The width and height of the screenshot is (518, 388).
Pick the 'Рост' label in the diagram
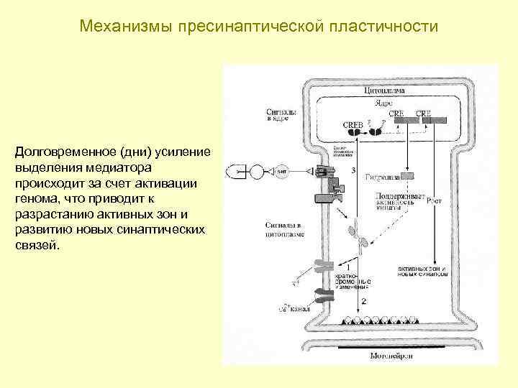click(x=434, y=202)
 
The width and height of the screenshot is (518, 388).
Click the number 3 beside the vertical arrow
click(x=354, y=170)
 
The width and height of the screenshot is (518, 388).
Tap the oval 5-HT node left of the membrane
click(x=282, y=172)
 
